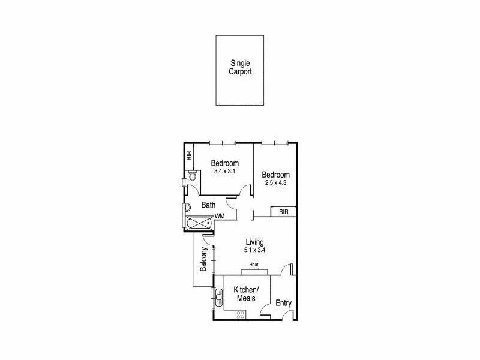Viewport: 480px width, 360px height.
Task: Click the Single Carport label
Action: [x=240, y=67]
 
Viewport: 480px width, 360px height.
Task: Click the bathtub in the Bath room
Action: [x=198, y=224]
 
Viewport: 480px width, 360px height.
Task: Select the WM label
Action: [x=220, y=215]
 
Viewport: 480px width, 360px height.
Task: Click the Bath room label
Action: [x=208, y=205]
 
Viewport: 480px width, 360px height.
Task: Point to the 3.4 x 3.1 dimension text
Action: [x=225, y=172]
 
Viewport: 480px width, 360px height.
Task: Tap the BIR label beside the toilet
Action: [x=190, y=155]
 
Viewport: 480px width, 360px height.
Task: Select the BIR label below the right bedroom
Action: [x=284, y=211]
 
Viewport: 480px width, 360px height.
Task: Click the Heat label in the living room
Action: [x=254, y=265]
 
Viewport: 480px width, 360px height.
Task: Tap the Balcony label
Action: [x=204, y=259]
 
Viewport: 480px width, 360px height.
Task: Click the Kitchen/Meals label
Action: [x=247, y=294]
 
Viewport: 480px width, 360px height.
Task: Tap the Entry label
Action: [x=283, y=303]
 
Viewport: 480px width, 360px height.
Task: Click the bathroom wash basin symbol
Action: [x=187, y=207]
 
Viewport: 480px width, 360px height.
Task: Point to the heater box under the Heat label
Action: [x=254, y=270]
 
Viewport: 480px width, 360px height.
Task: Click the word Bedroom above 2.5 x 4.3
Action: [x=276, y=175]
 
